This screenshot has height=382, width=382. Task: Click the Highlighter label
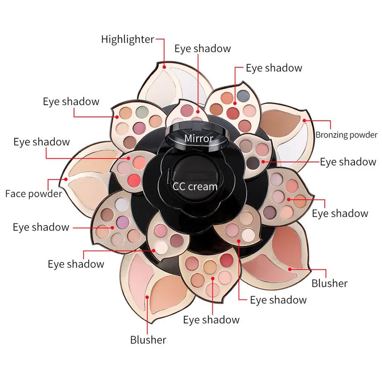[128, 39]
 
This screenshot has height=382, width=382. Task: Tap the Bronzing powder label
[346, 134]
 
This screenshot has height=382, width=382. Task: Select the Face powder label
[34, 194]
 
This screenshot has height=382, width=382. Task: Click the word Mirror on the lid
[199, 138]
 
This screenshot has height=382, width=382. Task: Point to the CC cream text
[195, 186]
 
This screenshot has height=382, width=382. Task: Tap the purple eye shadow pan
[123, 220]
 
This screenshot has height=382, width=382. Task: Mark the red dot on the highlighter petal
[164, 66]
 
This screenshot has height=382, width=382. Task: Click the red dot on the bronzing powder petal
[304, 121]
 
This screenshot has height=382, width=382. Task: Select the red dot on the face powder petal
[66, 179]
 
